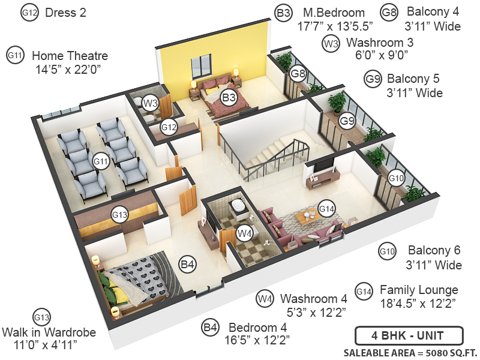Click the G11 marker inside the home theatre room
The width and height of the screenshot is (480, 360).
click(x=100, y=161)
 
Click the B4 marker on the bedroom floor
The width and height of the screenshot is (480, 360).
click(x=188, y=263)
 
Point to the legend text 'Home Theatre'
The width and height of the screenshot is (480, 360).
click(x=70, y=56)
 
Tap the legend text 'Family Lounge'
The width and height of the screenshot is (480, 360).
click(x=419, y=290)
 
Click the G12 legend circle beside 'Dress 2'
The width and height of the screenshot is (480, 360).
click(x=29, y=13)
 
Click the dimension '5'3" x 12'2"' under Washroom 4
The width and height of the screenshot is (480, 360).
click(x=314, y=311)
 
